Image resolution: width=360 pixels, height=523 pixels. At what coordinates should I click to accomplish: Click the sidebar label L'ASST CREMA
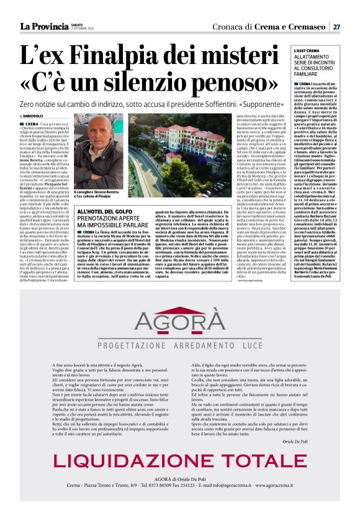(x=289, y=50)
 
